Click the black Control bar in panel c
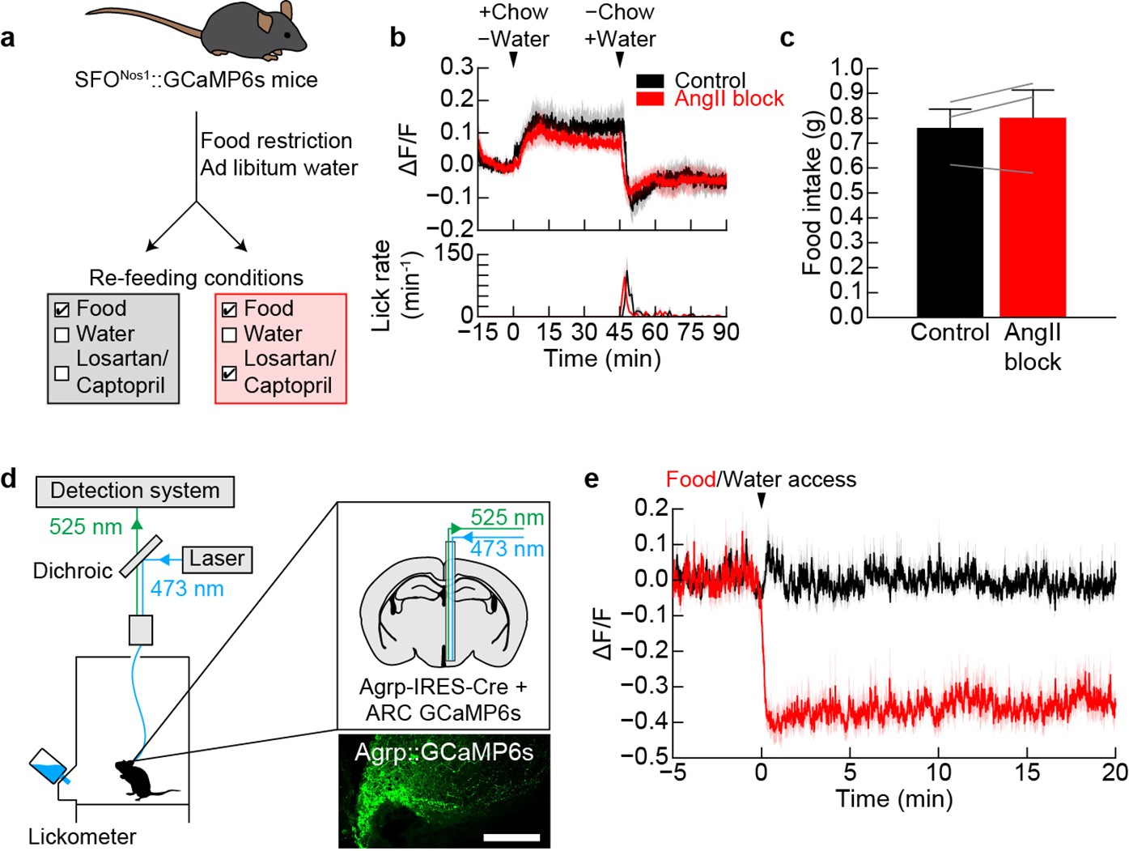point(950,223)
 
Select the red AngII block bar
point(1033,219)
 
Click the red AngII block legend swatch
point(650,99)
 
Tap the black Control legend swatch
point(650,81)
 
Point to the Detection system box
point(135,491)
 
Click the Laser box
point(217,559)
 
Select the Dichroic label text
point(72,571)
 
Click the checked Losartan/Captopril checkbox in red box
point(230,373)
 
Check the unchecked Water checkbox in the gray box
point(62,334)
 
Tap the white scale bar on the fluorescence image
point(511,836)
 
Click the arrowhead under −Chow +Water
point(620,60)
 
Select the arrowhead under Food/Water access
point(761,503)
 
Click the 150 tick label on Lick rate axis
point(453,253)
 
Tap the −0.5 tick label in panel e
point(645,756)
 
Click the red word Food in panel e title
point(690,479)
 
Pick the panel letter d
point(9,479)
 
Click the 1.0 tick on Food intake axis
point(847,67)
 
